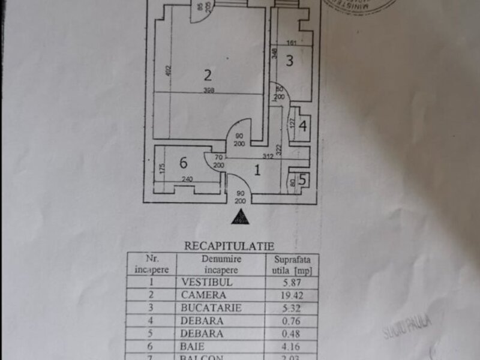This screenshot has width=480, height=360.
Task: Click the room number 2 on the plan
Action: (x=208, y=76)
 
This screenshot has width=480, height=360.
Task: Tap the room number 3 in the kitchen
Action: (x=289, y=61)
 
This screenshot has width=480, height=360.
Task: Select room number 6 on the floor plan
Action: (x=183, y=162)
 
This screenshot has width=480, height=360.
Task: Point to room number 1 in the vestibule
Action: (x=257, y=170)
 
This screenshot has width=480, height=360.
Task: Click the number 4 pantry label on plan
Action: (x=302, y=127)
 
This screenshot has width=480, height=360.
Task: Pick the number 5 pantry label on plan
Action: (x=302, y=179)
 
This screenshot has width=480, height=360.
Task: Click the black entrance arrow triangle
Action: (x=240, y=217)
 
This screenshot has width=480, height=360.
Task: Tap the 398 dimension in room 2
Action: (x=209, y=90)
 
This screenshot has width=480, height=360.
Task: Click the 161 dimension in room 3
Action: (x=292, y=43)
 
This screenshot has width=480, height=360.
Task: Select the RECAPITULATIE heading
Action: (x=229, y=245)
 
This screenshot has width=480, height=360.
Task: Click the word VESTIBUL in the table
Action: (x=203, y=281)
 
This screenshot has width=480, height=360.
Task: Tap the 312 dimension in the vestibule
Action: (x=268, y=157)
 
